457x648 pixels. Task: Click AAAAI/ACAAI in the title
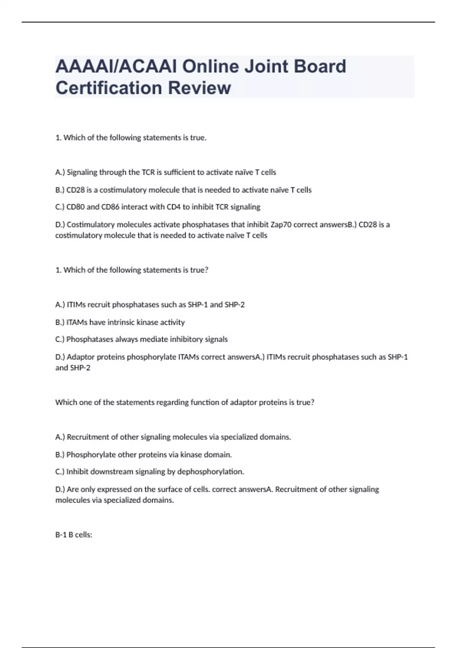pyautogui.click(x=116, y=66)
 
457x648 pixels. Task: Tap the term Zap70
pyautogui.click(x=281, y=225)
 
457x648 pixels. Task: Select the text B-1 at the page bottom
pyautogui.click(x=61, y=535)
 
